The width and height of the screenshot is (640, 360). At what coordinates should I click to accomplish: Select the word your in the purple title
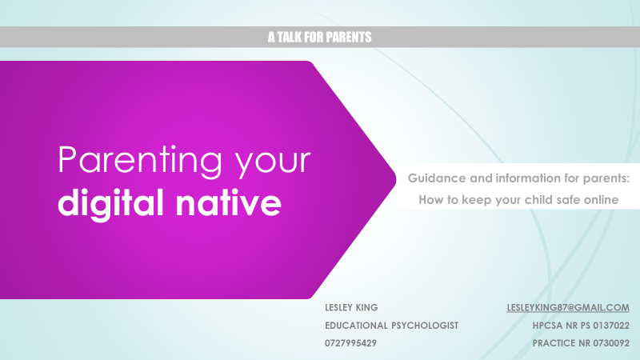(273, 164)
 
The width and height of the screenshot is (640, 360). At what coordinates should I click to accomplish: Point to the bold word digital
(111, 204)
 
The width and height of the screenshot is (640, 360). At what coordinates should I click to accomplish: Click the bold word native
(229, 203)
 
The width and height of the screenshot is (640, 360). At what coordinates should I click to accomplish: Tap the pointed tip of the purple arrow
(396, 179)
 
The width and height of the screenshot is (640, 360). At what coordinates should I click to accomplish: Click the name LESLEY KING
(351, 307)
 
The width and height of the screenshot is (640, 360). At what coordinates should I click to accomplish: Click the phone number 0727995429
(350, 343)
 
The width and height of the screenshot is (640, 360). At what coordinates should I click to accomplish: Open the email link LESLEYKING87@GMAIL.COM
(568, 307)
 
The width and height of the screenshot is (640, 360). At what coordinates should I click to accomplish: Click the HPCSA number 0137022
(611, 326)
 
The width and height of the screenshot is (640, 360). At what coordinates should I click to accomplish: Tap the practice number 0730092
(611, 343)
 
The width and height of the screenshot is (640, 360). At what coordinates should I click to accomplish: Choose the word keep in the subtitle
(476, 200)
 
